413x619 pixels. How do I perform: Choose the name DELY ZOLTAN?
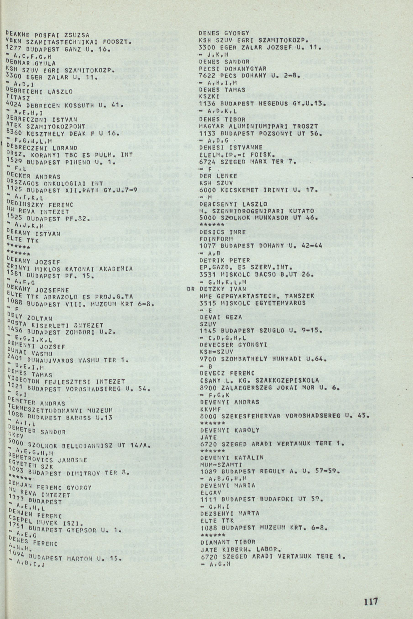[29, 317]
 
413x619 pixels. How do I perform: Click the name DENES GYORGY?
[224, 33]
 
